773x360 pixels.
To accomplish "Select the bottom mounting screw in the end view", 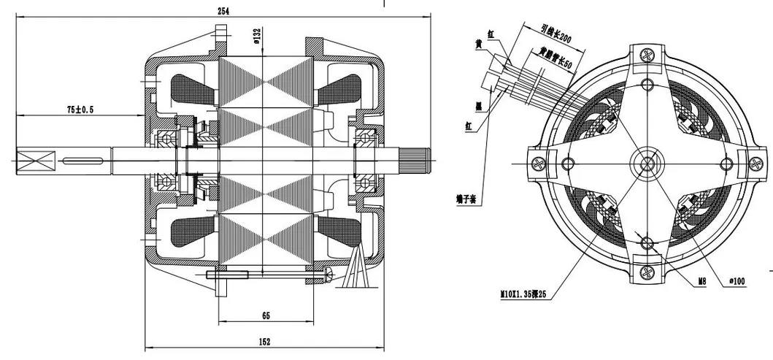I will click(x=647, y=272).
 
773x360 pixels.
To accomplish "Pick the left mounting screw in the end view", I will click(x=539, y=162).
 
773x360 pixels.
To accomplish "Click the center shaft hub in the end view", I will click(x=647, y=161).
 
